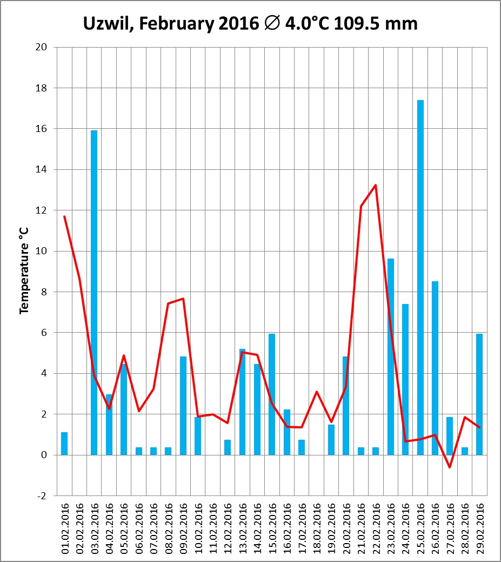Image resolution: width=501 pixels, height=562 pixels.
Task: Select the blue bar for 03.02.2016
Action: (x=94, y=292)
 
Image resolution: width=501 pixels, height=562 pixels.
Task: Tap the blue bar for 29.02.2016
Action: (x=479, y=394)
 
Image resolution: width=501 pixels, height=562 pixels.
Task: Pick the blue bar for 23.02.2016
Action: (x=391, y=357)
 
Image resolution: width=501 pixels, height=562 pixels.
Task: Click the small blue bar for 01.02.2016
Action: (x=64, y=444)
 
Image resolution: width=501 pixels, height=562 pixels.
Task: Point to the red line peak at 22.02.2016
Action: (x=376, y=185)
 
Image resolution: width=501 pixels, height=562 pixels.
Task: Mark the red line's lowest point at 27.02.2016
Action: (x=450, y=467)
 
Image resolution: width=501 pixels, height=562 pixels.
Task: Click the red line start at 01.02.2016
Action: (x=64, y=216)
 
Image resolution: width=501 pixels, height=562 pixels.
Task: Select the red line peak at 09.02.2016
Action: (x=183, y=299)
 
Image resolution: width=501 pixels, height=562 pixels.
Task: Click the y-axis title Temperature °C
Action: (x=24, y=271)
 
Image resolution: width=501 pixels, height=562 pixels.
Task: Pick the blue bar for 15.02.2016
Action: (x=272, y=394)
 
